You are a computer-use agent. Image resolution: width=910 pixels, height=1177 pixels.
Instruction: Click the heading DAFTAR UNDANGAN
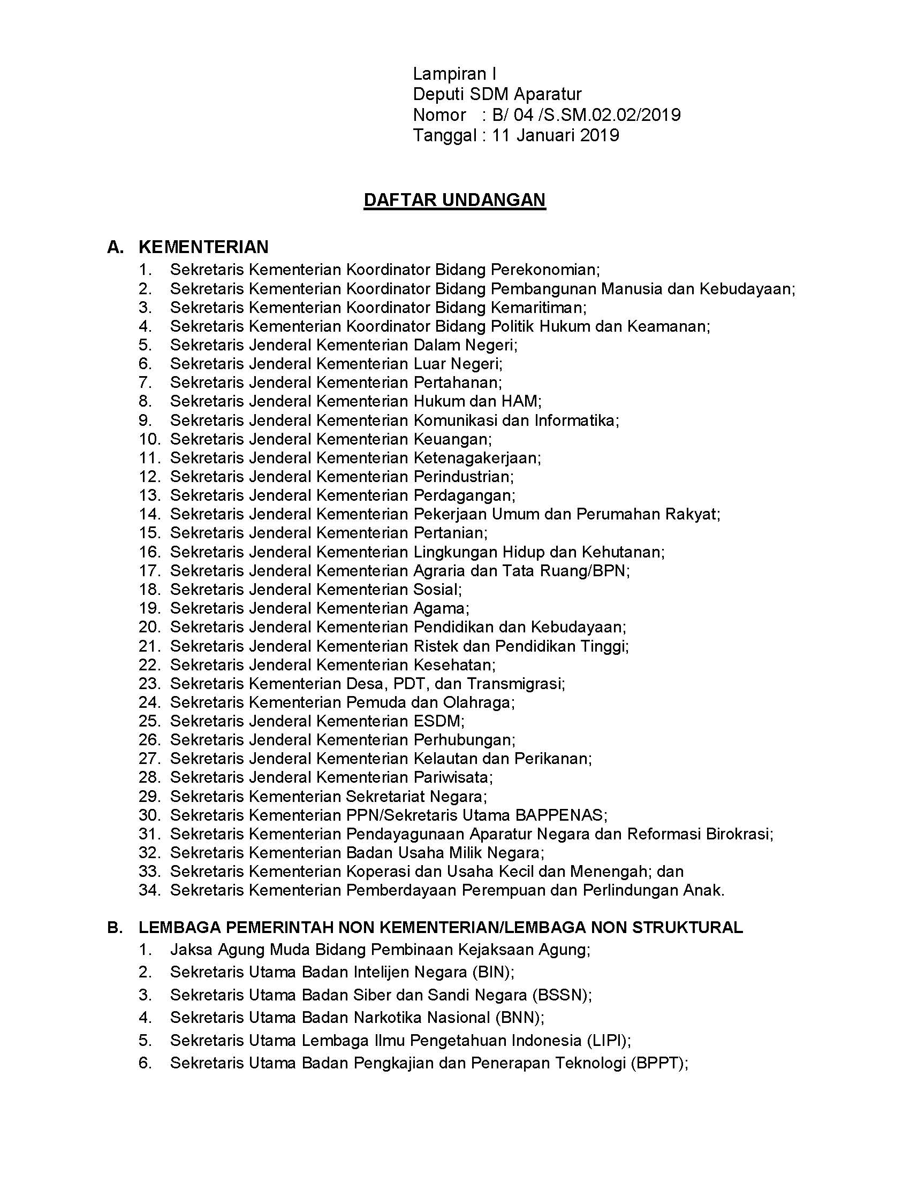click(454, 200)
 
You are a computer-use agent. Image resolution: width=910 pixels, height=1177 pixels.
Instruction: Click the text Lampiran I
click(454, 74)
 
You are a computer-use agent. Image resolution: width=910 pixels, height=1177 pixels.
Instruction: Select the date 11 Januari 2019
click(555, 135)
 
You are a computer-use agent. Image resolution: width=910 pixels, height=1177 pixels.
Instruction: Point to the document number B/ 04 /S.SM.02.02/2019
click(586, 115)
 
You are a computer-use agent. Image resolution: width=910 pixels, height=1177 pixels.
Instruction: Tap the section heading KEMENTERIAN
click(203, 247)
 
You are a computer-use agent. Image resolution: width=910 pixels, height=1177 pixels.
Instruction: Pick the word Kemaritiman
click(538, 307)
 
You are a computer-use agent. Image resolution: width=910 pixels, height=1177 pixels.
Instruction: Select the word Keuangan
click(452, 439)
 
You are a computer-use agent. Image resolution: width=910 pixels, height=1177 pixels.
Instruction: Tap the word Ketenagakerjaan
click(476, 458)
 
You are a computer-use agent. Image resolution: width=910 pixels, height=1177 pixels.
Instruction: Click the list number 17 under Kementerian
click(149, 570)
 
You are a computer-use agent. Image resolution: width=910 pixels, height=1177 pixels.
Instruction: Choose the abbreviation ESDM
click(438, 721)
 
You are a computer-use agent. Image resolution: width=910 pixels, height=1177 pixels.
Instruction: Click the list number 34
click(149, 890)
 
